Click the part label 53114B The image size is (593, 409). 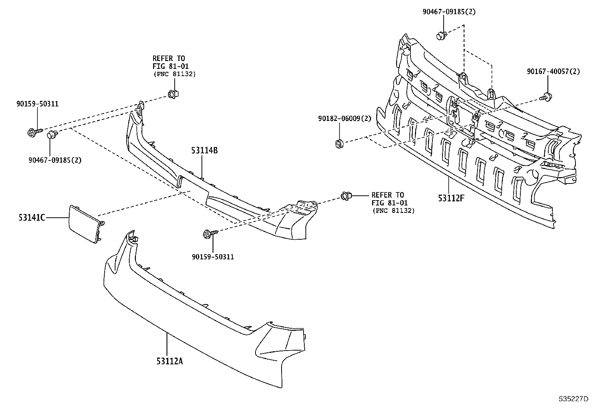click(204, 150)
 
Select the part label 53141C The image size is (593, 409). click(32, 217)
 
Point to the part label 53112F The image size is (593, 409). click(451, 198)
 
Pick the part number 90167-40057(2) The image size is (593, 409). click(553, 71)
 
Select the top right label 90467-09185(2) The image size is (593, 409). click(449, 12)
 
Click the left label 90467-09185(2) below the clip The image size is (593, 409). click(55, 160)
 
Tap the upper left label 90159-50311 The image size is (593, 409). click(37, 104)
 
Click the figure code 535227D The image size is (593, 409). click(573, 399)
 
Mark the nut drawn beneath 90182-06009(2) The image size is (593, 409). click(339, 143)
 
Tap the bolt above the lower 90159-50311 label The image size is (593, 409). click(209, 234)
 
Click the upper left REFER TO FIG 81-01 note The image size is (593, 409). click(174, 66)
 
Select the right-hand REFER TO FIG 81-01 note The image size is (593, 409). click(393, 202)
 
